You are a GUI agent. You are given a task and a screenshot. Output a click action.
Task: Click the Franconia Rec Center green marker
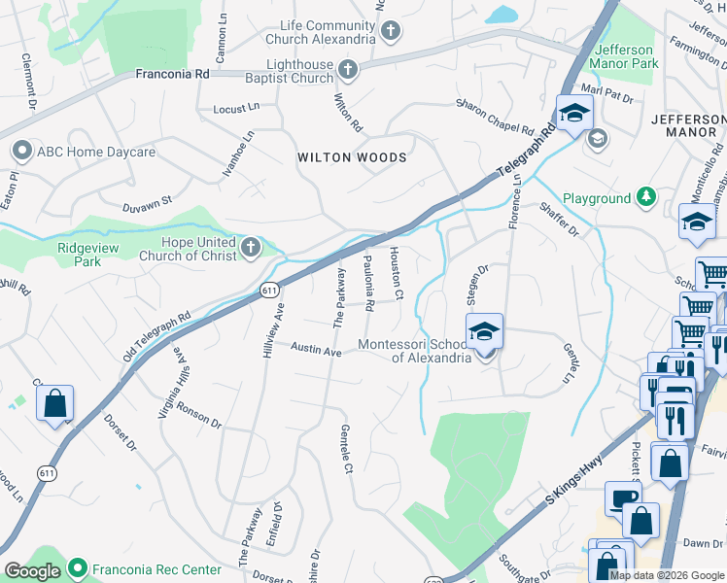pos(78,569)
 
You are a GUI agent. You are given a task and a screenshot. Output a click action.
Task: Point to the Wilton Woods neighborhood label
pos(352,157)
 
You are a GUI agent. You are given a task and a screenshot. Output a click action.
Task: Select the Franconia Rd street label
pos(172,73)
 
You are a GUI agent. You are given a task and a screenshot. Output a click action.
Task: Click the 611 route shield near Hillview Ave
pos(270,290)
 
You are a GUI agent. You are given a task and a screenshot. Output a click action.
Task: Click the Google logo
pos(33,571)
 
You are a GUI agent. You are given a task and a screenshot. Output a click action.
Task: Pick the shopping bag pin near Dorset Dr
pos(55,402)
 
